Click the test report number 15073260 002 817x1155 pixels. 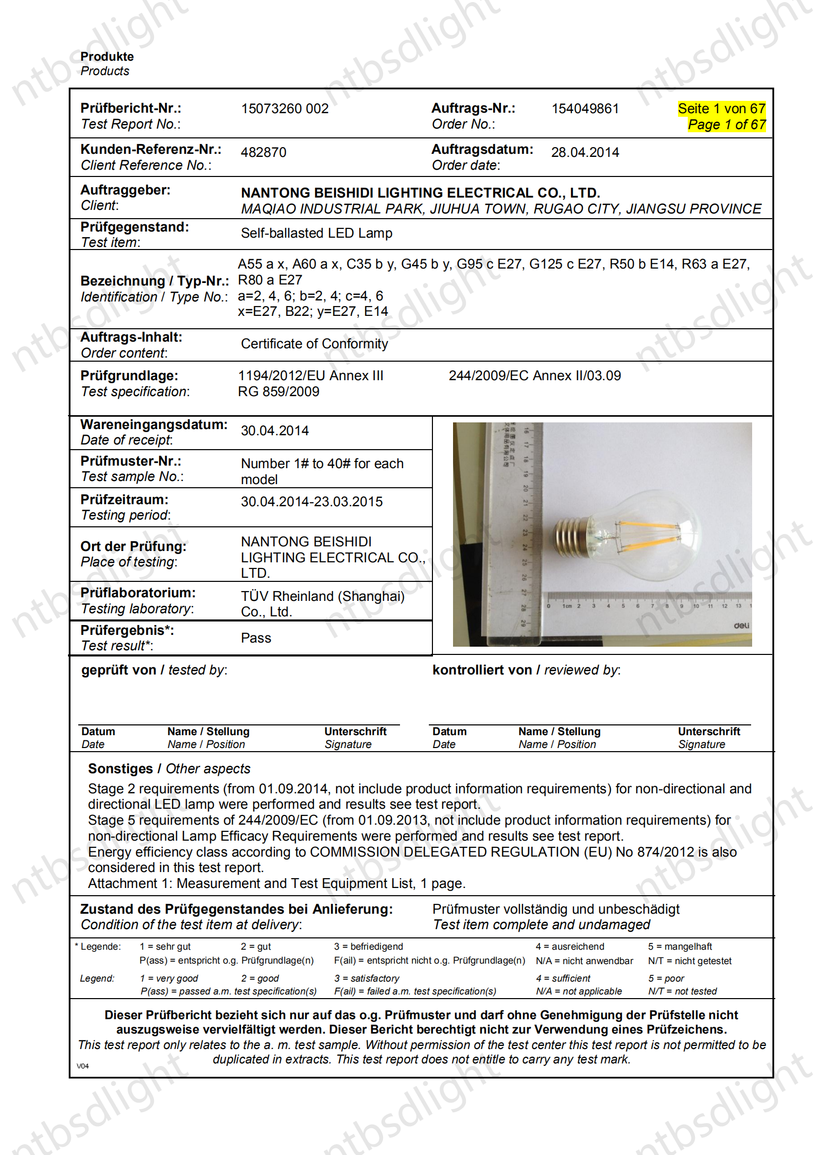click(285, 109)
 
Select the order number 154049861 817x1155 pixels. click(585, 109)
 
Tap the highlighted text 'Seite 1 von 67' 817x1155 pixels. click(721, 109)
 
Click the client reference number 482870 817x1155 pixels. click(264, 152)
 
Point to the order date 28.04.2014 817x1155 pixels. click(585, 152)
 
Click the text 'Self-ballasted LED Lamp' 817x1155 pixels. click(316, 233)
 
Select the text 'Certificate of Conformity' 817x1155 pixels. click(314, 344)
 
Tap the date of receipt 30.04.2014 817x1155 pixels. click(274, 431)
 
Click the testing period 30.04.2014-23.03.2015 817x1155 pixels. click(311, 502)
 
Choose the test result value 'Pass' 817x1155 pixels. click(256, 638)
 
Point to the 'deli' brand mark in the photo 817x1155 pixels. click(741, 626)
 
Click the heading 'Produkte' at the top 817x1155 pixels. click(107, 57)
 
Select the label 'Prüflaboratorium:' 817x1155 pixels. click(138, 593)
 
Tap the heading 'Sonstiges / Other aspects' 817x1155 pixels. click(169, 769)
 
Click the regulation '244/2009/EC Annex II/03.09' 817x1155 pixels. click(534, 376)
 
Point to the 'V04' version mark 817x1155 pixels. click(83, 1066)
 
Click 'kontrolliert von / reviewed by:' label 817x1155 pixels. click(526, 670)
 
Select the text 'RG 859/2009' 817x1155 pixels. click(279, 392)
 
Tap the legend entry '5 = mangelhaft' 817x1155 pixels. click(680, 947)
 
